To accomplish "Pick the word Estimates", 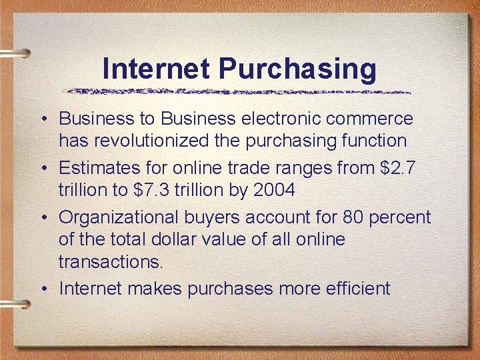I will (96, 168).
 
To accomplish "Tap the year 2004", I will (274, 190).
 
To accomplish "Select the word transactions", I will (110, 261).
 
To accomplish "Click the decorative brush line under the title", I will (237, 91).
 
